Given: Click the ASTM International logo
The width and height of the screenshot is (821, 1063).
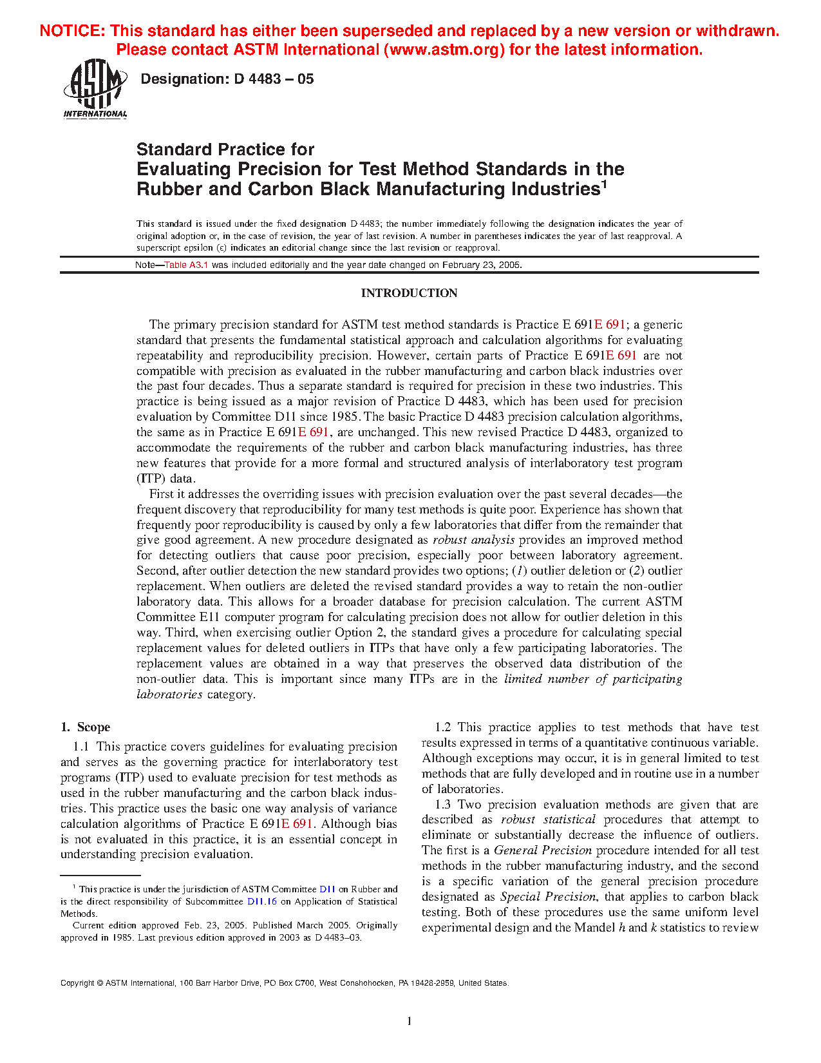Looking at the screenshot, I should pos(95,90).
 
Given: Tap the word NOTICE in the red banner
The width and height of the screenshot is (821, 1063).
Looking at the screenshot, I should pos(71,31).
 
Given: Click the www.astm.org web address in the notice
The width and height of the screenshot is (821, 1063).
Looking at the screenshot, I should pos(444,50).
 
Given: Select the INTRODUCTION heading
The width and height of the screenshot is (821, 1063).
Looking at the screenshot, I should pos(409,293).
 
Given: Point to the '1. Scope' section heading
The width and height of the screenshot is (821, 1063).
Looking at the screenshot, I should pos(86,727).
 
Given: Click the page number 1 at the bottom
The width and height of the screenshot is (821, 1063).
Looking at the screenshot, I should pos(409,1020).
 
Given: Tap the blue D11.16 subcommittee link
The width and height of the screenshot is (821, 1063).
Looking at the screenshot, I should pos(262,901).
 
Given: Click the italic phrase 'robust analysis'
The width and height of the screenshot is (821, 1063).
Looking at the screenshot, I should pos(473,540).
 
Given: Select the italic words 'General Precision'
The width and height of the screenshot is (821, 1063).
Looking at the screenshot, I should pos(542,850).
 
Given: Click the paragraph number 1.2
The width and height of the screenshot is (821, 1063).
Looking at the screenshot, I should pos(443,727).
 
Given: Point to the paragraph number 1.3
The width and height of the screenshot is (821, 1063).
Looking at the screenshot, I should pos(443,805).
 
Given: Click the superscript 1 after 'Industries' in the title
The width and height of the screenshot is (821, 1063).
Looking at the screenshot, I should pos(604,184).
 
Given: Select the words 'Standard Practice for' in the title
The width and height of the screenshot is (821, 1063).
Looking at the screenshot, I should pos(225,149).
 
